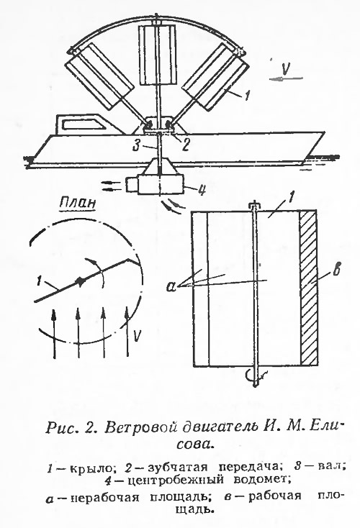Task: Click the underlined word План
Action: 78,204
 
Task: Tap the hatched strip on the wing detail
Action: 308,288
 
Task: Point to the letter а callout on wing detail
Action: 171,286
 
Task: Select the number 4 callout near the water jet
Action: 202,191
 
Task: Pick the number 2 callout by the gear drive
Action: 185,145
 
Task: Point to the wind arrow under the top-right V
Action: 286,79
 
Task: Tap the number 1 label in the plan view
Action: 41,281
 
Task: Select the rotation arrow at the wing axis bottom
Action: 252,373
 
